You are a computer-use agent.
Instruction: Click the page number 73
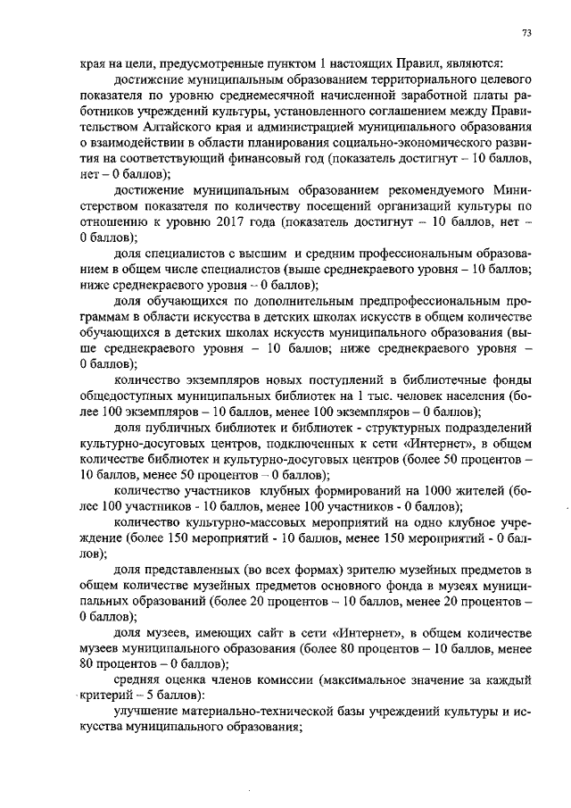tap(526, 33)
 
